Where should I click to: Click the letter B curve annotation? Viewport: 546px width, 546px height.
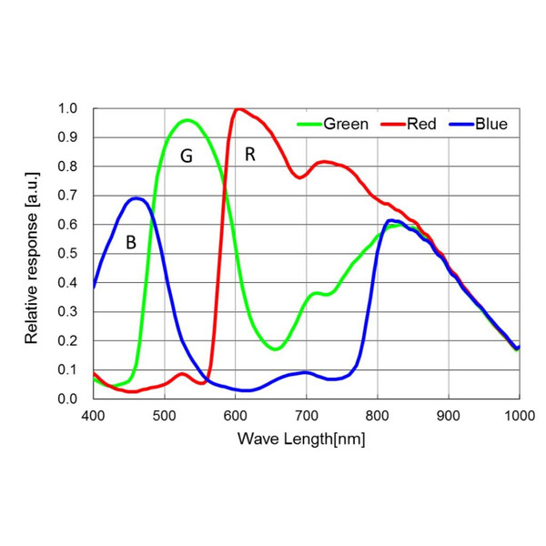[x=131, y=243]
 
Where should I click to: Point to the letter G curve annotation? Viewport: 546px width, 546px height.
[x=186, y=157]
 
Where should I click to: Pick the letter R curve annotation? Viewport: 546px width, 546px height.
[x=249, y=155]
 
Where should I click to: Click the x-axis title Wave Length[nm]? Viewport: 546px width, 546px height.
[x=301, y=439]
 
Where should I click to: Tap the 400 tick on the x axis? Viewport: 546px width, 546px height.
[x=93, y=415]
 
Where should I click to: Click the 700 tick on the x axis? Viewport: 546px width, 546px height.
[x=306, y=415]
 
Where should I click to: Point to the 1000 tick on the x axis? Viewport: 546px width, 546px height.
[x=519, y=415]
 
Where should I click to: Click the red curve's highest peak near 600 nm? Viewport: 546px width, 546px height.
[x=239, y=109]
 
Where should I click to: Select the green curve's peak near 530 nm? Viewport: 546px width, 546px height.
[x=187, y=120]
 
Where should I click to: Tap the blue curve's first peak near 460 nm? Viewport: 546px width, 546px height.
[x=136, y=197]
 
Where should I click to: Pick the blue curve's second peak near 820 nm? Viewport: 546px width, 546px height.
[x=391, y=220]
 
